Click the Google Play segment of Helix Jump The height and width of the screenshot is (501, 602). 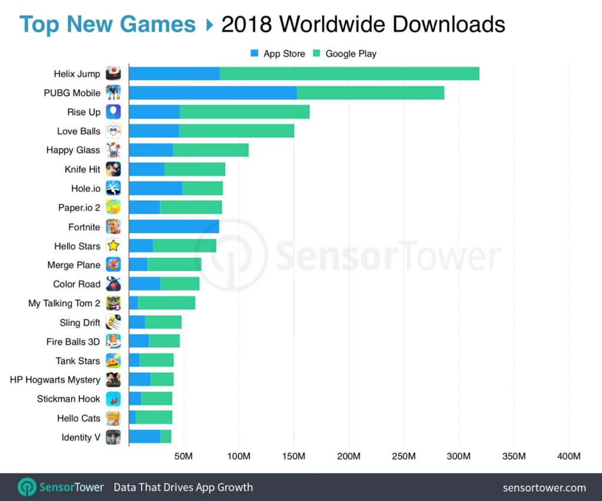click(349, 73)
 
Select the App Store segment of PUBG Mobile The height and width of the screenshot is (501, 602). click(212, 93)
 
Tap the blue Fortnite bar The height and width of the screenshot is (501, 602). click(173, 226)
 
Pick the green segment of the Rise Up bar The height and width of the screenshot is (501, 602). click(245, 112)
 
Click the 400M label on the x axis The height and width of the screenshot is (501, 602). click(568, 457)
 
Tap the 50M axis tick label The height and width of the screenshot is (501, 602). click(184, 457)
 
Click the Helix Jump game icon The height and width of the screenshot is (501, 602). click(113, 73)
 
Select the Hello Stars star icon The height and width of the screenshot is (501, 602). click(113, 246)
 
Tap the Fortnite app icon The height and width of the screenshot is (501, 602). click(113, 226)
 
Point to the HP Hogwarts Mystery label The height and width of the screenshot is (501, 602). click(55, 379)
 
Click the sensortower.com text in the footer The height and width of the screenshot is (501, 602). click(544, 487)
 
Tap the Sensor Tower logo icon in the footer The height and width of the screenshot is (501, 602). click(27, 487)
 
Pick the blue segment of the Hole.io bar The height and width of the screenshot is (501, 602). click(155, 188)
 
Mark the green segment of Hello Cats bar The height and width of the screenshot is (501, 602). click(153, 418)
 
